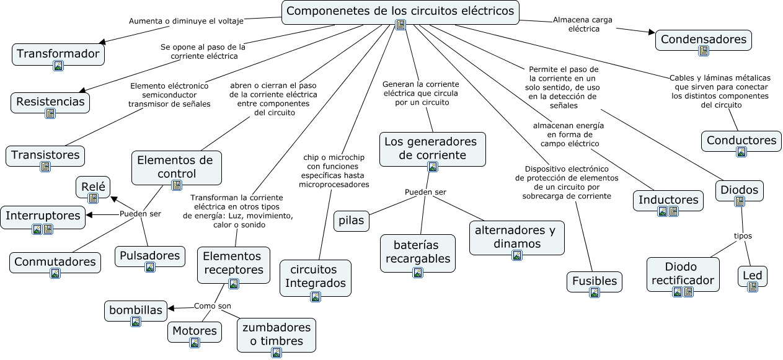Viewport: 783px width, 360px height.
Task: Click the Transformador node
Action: point(58,54)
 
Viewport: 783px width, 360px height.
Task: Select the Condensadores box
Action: point(703,40)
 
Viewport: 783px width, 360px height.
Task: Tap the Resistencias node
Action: point(50,102)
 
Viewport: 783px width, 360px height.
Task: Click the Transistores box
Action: point(45,155)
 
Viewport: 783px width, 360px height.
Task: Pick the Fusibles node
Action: point(594,281)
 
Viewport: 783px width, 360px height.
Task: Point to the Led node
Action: point(753,276)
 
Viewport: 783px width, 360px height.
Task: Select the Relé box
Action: point(93,186)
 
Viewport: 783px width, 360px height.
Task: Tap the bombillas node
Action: point(136,310)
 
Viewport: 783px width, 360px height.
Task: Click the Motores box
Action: point(195,331)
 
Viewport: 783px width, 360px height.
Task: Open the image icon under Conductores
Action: point(741,152)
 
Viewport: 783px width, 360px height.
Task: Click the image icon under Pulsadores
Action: point(150,267)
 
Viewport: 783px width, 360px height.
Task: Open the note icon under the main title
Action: point(400,25)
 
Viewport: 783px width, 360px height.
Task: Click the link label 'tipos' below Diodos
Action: point(743,235)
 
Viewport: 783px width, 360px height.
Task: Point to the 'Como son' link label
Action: point(213,306)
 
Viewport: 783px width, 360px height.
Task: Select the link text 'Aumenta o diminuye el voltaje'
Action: point(186,20)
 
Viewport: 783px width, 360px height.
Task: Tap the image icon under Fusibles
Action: point(594,292)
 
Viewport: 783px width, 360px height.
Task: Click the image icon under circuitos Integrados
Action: point(316,296)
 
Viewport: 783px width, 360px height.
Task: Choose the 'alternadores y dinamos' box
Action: point(516,237)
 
